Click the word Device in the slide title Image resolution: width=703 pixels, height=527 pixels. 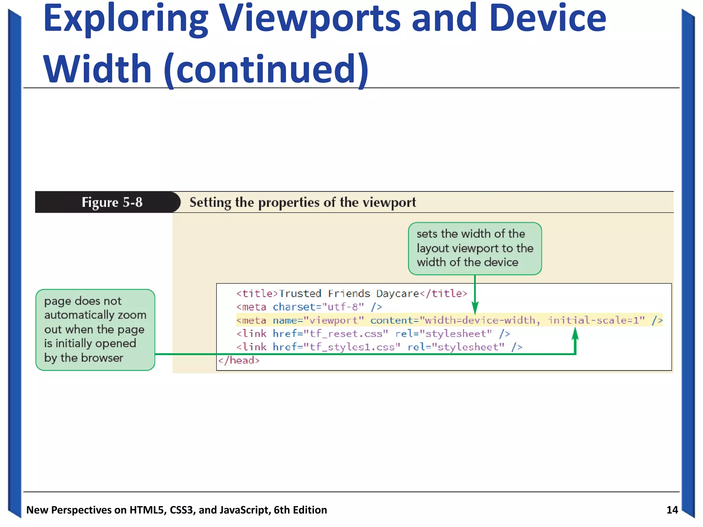pyautogui.click(x=547, y=19)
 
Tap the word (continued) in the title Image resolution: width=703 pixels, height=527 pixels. pyautogui.click(x=266, y=70)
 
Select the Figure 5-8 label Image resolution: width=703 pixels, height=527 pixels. pyautogui.click(x=112, y=202)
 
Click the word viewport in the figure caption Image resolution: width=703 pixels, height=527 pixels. pyautogui.click(x=389, y=202)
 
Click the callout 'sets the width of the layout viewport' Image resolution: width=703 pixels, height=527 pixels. pyautogui.click(x=474, y=248)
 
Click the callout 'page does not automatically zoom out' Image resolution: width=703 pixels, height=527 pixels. pyautogui.click(x=95, y=329)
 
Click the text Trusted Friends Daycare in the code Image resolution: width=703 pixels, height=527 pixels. pyautogui.click(x=349, y=294)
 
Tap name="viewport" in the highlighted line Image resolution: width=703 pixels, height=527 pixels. pyautogui.click(x=318, y=320)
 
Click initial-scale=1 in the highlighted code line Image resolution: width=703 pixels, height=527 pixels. pyautogui.click(x=596, y=320)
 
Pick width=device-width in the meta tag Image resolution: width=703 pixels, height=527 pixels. pyautogui.click(x=480, y=320)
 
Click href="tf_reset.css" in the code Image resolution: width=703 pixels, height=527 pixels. pyautogui.click(x=330, y=333)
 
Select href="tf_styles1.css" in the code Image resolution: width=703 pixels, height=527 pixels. pyautogui.click(x=336, y=347)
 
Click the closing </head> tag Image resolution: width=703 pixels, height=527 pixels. pyautogui.click(x=239, y=360)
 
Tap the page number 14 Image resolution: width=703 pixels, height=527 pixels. pyautogui.click(x=672, y=510)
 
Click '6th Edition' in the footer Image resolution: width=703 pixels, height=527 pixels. pyautogui.click(x=300, y=510)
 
